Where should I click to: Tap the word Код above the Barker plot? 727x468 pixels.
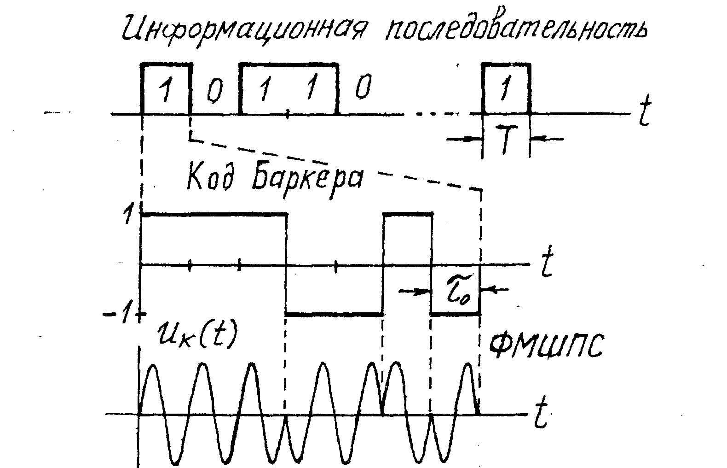[212, 177]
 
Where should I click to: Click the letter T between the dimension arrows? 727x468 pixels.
[506, 141]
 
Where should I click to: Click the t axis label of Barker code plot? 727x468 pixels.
[547, 264]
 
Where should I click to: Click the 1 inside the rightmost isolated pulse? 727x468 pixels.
[506, 89]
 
